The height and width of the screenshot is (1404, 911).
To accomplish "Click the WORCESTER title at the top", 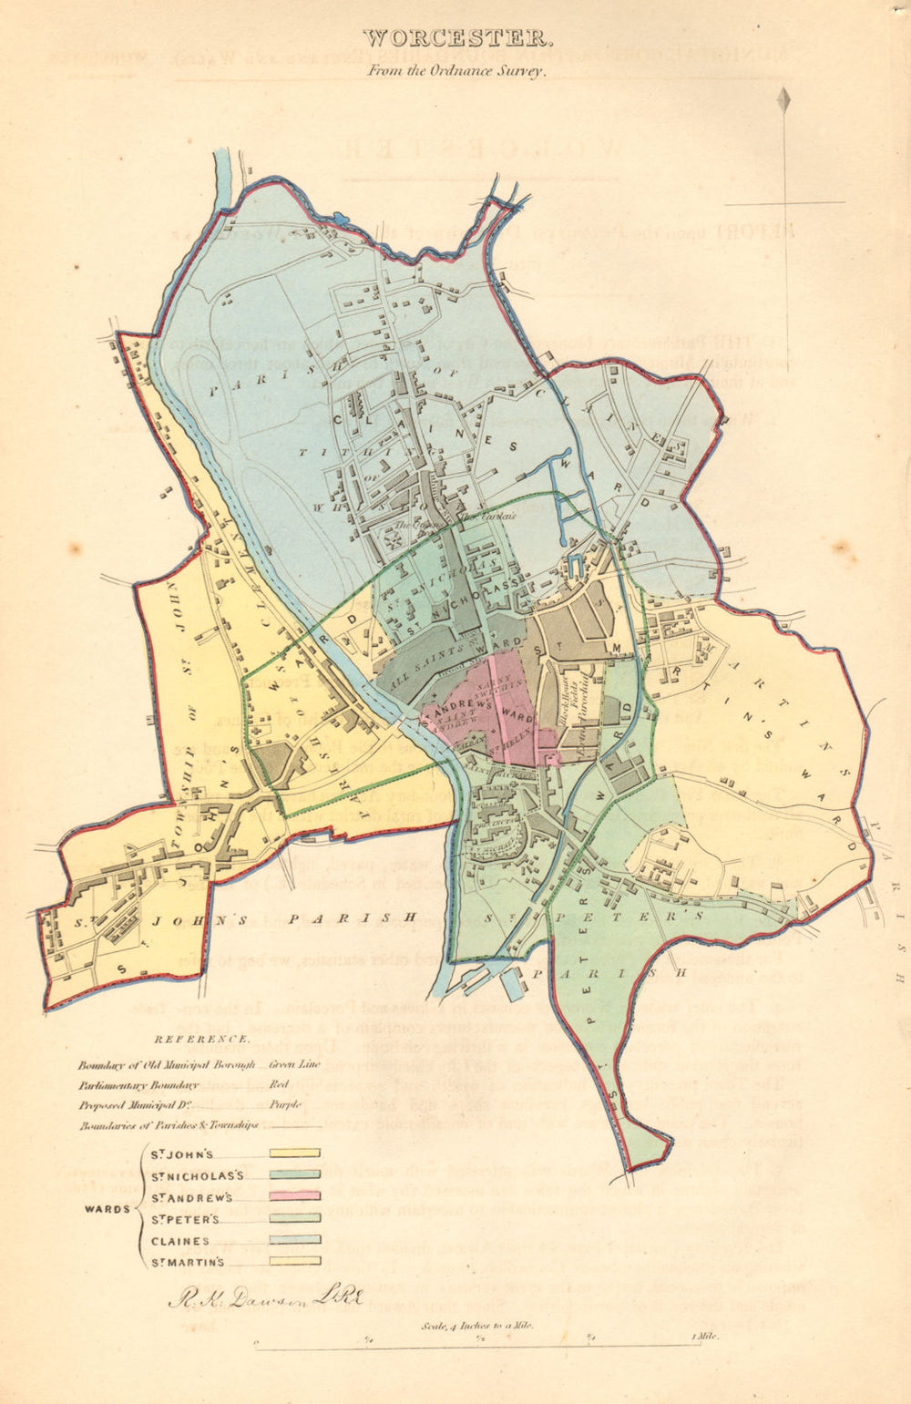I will point(456,38).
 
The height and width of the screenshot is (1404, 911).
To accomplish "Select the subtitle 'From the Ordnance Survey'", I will point(456,69).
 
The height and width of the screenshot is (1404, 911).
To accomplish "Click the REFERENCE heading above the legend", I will point(201,1039).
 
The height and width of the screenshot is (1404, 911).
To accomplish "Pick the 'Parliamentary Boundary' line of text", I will point(138,1084).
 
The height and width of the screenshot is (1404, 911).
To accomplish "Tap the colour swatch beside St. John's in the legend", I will point(294,1153).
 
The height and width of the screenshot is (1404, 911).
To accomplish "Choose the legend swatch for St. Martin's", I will point(294,1261).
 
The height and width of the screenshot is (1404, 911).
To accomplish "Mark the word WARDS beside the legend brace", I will point(107,1209).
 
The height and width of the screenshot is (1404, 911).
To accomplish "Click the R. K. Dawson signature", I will point(264,1297).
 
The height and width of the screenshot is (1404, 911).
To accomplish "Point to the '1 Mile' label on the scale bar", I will point(704,1337).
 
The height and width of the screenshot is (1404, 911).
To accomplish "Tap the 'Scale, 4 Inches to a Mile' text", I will point(476,1327).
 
